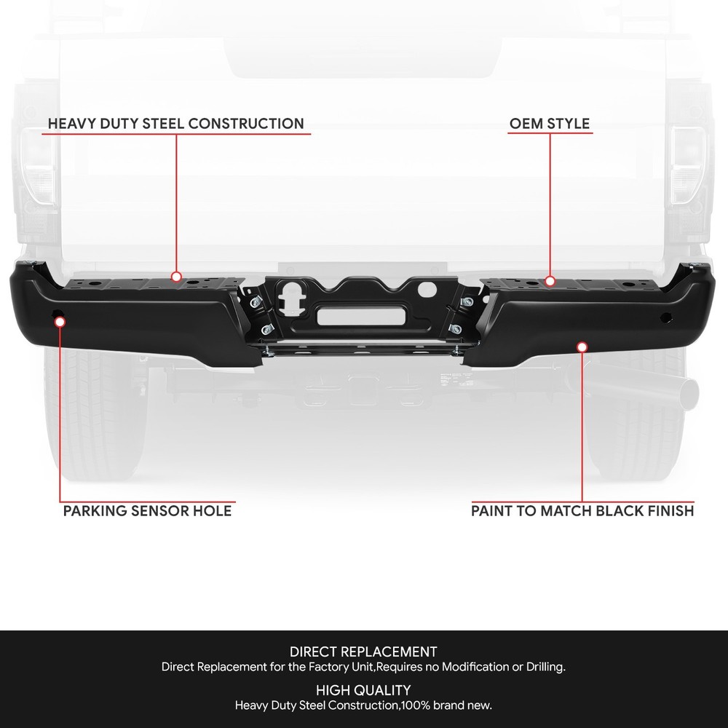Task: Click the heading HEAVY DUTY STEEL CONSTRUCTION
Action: click(x=176, y=124)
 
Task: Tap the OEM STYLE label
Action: click(x=550, y=124)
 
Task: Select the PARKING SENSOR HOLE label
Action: click(x=147, y=511)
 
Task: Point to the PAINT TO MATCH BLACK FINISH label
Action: click(x=582, y=511)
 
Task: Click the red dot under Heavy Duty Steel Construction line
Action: click(x=176, y=277)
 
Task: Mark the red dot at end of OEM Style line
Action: click(x=550, y=281)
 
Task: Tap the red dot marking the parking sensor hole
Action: click(x=60, y=322)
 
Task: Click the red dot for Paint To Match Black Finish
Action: click(x=582, y=347)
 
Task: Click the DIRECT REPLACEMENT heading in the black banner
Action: click(x=363, y=652)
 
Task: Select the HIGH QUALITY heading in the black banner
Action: click(x=363, y=690)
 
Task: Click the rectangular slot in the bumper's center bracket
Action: click(x=361, y=317)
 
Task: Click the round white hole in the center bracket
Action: click(x=427, y=289)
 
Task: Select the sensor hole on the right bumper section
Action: click(x=666, y=317)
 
